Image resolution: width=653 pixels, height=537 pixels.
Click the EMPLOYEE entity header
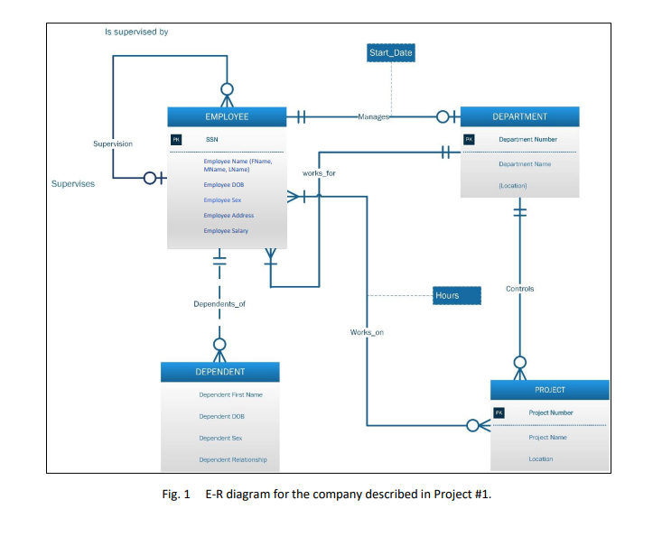pyautogui.click(x=227, y=116)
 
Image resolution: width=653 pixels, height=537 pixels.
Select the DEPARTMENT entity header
pyautogui.click(x=519, y=116)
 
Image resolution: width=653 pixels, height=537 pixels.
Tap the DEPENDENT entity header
pyautogui.click(x=220, y=371)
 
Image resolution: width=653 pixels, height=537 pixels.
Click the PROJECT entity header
pyautogui.click(x=549, y=390)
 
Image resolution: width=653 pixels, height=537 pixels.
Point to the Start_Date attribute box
pyautogui.click(x=391, y=53)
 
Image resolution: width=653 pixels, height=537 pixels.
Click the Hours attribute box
pyautogui.click(x=446, y=295)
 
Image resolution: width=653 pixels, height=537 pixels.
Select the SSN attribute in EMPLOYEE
pyautogui.click(x=211, y=140)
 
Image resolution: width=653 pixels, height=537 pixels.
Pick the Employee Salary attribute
pyautogui.click(x=226, y=231)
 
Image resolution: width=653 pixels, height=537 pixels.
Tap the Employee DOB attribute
pyautogui.click(x=223, y=184)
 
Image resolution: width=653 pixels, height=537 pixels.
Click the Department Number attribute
pyautogui.click(x=527, y=140)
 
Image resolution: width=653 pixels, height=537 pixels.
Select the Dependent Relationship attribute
pyautogui.click(x=232, y=459)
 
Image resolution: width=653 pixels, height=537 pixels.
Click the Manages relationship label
pyautogui.click(x=373, y=117)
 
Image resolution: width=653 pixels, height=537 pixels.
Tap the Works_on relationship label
pyautogui.click(x=367, y=332)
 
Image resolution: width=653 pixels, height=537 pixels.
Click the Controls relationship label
pyautogui.click(x=519, y=289)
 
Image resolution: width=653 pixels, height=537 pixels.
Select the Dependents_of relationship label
pyautogui.click(x=219, y=304)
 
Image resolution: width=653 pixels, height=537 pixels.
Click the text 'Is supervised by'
pyautogui.click(x=136, y=32)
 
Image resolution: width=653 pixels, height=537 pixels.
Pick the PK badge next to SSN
pyautogui.click(x=177, y=140)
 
